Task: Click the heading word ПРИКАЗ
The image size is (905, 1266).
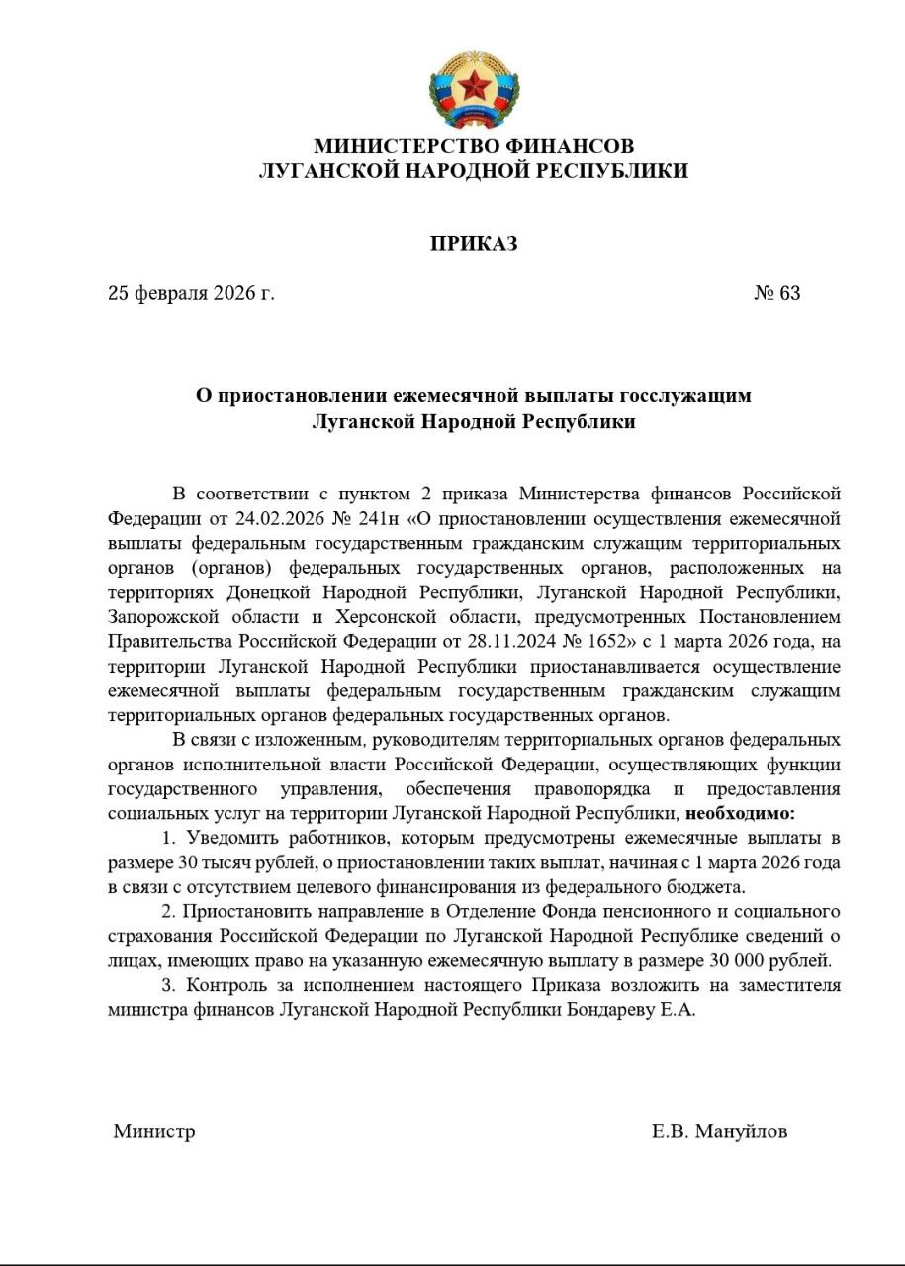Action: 474,243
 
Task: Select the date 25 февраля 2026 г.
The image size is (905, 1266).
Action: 192,293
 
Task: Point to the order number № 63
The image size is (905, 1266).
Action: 777,293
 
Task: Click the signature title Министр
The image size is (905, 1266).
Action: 154,1131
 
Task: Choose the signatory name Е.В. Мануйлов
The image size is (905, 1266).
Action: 720,1131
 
